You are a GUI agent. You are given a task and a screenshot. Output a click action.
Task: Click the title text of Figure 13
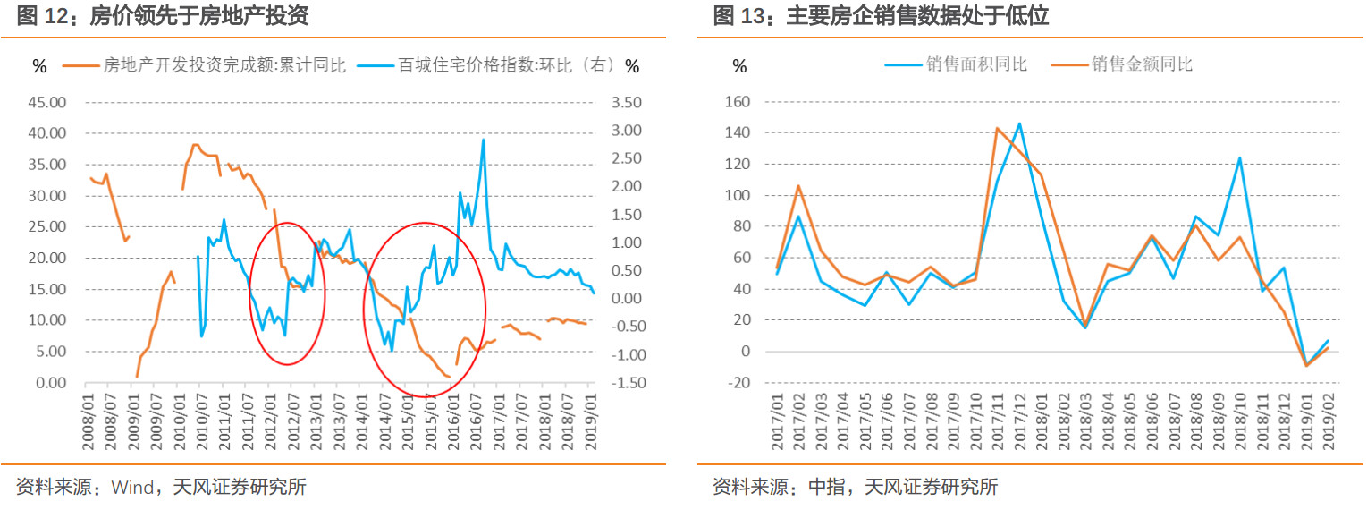881,16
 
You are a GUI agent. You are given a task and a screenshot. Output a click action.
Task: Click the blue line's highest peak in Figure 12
484,140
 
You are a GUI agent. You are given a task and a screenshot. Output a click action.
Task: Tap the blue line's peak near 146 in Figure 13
1019,123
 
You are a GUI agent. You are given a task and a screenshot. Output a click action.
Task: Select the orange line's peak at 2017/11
997,128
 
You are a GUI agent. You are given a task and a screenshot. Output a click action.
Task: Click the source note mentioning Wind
161,488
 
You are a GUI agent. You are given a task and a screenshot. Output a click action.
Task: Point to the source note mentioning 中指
855,488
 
